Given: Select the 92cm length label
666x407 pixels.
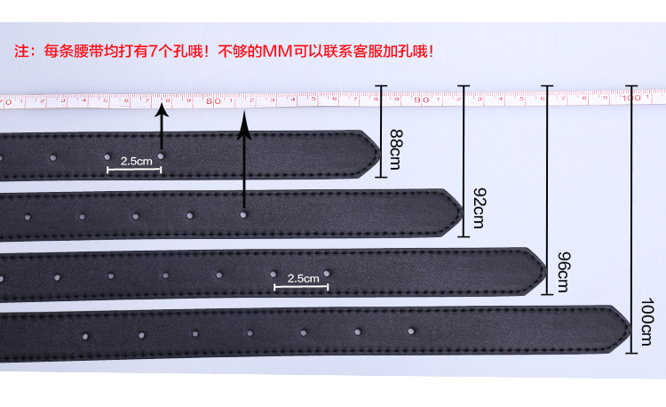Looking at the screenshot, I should point(480,209).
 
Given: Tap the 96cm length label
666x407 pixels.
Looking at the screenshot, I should point(562,272).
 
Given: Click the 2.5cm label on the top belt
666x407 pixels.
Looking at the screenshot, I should point(136,162).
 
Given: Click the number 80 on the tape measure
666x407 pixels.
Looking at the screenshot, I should point(211,101).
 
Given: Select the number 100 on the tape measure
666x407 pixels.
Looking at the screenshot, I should point(630,99).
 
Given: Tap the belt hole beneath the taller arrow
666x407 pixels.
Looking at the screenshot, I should point(243,214).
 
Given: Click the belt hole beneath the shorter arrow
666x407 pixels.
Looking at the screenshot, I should point(162,156).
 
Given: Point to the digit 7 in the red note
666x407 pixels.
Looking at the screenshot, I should point(154,51).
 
